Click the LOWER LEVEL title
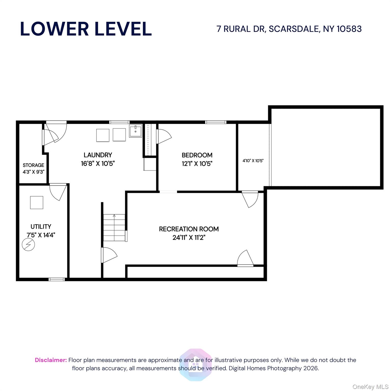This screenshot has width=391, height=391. click(x=86, y=29)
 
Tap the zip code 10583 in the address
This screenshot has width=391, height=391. click(x=349, y=29)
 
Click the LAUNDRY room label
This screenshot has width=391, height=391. click(x=98, y=155)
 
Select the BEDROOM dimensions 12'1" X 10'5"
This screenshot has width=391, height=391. click(x=197, y=164)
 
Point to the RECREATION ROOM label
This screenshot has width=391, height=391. click(x=189, y=229)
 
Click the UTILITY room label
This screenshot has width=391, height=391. click(x=41, y=227)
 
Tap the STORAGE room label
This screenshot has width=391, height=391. click(x=33, y=165)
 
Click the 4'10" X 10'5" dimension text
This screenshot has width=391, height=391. click(x=253, y=161)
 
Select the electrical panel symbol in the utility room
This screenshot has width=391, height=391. click(x=28, y=245)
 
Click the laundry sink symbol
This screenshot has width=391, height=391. click(x=135, y=131)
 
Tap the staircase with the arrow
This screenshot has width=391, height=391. click(x=114, y=227)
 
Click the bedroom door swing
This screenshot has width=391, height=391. click(x=164, y=136)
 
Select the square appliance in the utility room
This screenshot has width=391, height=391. click(x=37, y=202)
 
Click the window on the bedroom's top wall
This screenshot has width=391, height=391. click(x=216, y=122)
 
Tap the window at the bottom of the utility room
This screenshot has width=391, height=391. click(x=57, y=280)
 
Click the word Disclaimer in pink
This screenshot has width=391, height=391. click(x=51, y=360)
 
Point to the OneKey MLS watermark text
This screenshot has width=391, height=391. click(x=370, y=387)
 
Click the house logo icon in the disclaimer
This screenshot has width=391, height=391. click(x=195, y=365)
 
